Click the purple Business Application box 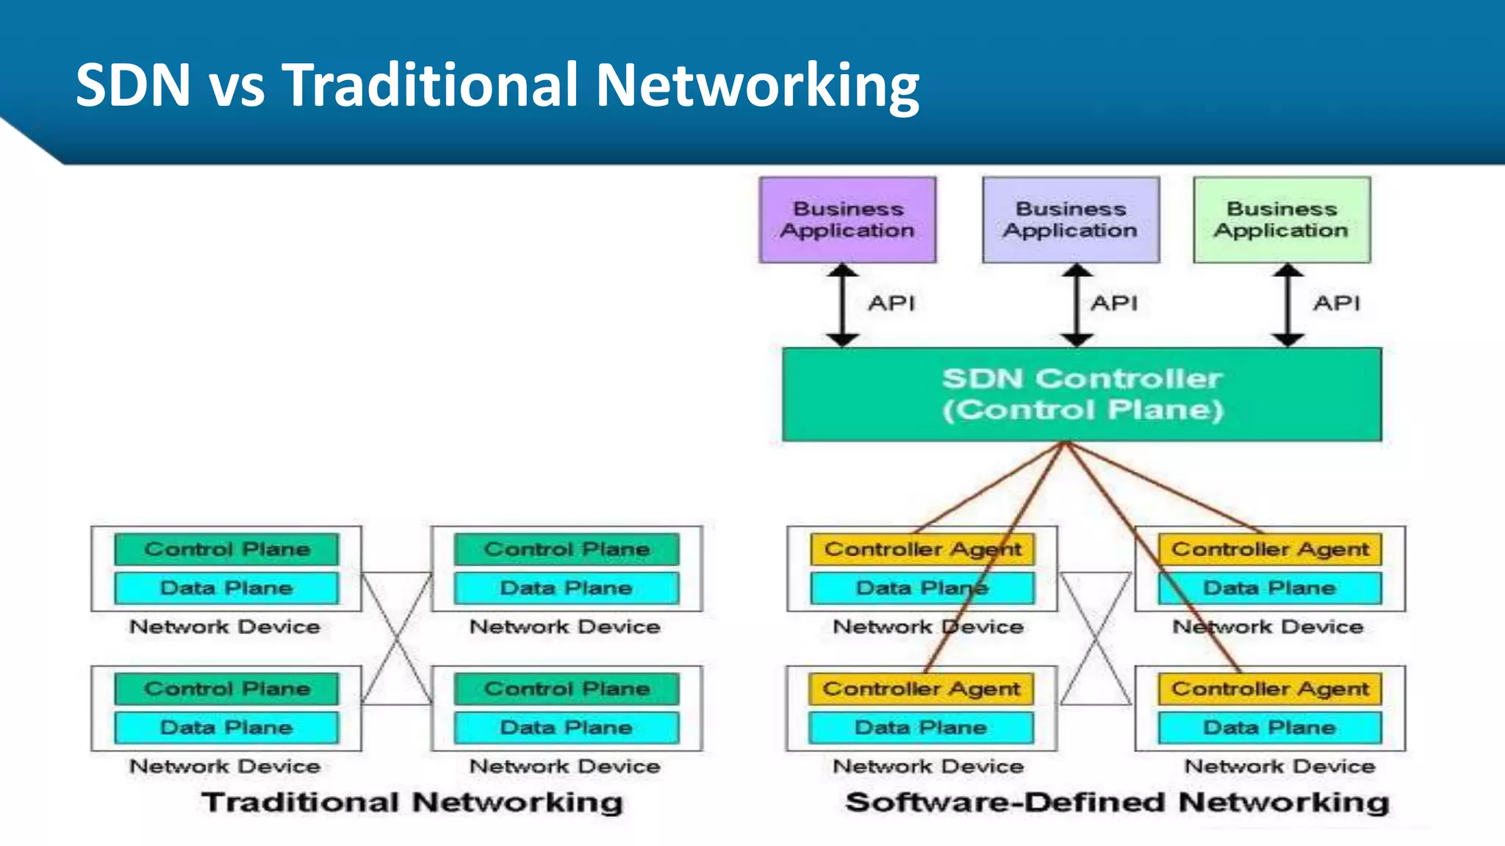(847, 220)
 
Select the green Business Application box (1282, 220)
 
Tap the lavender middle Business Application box (1071, 220)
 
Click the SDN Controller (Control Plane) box (1082, 394)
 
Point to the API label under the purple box (891, 303)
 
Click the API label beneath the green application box (1337, 303)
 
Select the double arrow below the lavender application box (1077, 305)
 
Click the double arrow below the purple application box (843, 305)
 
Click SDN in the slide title (133, 84)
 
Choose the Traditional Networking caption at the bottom (412, 802)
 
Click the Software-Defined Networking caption (1117, 802)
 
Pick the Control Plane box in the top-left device (226, 549)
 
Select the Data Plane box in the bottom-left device (226, 727)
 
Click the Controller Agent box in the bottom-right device (1270, 689)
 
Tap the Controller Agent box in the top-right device (1270, 549)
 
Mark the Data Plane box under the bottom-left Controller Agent (921, 727)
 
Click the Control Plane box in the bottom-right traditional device (567, 689)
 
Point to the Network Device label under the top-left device (225, 627)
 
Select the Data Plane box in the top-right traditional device (567, 587)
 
